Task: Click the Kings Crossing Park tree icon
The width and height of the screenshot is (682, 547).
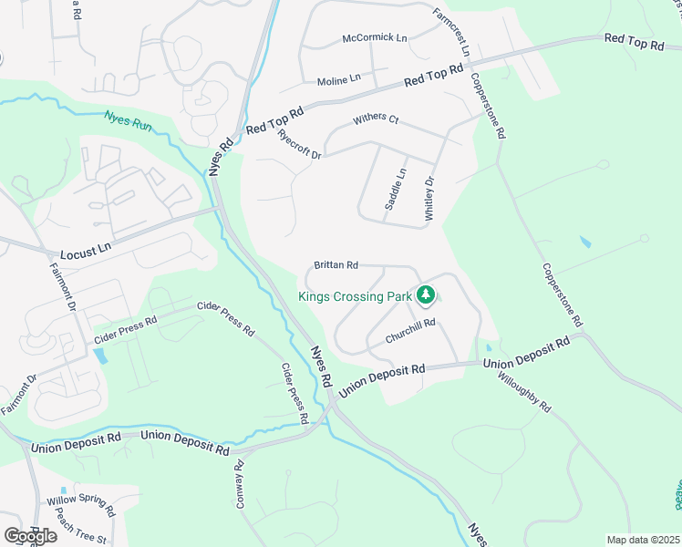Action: [425, 294]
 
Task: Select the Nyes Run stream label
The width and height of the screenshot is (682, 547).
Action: [126, 119]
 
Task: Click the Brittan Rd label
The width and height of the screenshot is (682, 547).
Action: [336, 264]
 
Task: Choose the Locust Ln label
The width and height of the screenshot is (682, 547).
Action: [86, 247]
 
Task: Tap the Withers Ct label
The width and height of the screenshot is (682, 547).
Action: [377, 120]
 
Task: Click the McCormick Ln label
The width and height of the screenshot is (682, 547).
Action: [374, 37]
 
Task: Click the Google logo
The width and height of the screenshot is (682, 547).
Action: [30, 535]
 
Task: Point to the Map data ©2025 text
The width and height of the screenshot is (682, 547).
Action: [643, 540]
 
